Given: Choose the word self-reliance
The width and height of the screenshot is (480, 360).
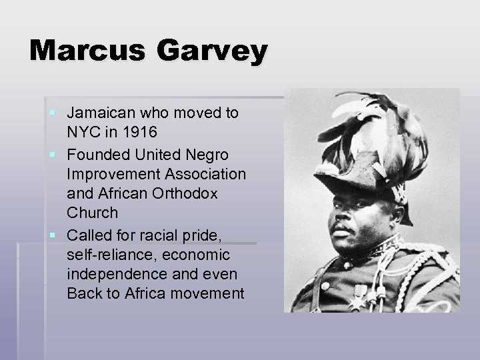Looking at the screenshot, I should tap(108, 255).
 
